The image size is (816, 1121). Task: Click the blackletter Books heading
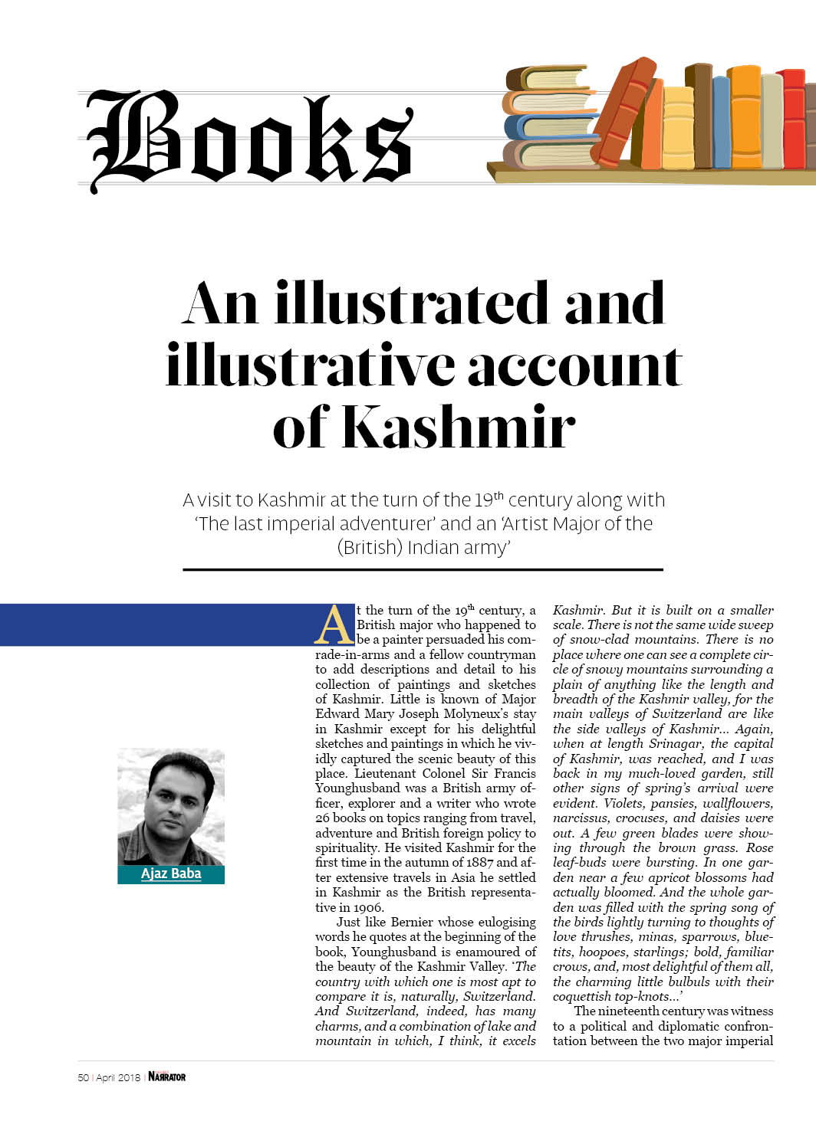click(x=249, y=139)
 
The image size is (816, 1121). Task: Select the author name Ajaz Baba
click(x=171, y=874)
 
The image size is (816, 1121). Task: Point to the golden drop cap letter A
click(x=334, y=625)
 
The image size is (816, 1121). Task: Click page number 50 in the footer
click(x=83, y=1077)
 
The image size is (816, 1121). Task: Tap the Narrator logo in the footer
click(x=167, y=1077)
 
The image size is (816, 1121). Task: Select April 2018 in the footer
click(x=118, y=1077)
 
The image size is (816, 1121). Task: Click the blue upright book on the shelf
click(x=721, y=123)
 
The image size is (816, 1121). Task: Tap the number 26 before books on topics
click(x=323, y=818)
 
